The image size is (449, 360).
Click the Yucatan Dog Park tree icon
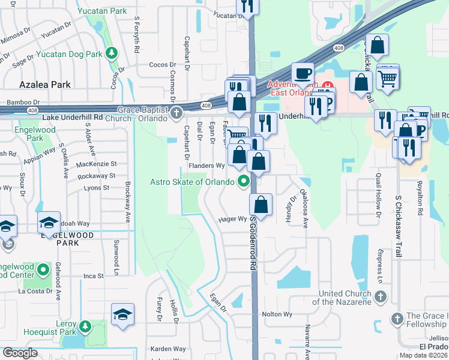(111, 53)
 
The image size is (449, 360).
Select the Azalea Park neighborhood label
(46, 85)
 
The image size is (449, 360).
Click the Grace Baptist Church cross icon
(176, 112)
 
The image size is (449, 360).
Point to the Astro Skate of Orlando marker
(244, 181)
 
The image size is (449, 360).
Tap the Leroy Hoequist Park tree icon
(85, 327)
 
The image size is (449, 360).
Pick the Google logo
(20, 353)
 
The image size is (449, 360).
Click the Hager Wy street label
(233, 219)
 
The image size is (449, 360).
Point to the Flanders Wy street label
(206, 165)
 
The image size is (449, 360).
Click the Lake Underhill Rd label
(73, 116)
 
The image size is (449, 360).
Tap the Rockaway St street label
(96, 176)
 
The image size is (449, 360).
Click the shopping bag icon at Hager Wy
(262, 204)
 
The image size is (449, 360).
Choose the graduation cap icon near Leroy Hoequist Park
(122, 314)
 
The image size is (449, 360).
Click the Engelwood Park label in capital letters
(64, 235)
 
